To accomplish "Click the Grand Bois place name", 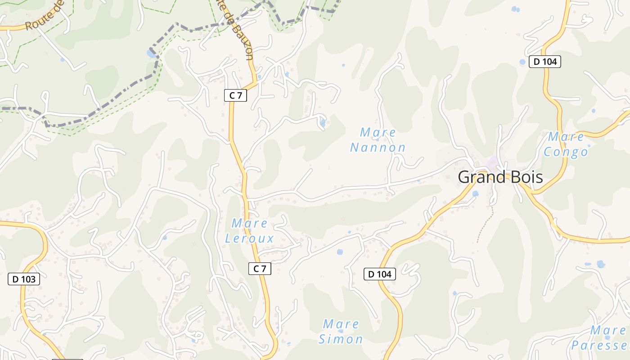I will tap(500, 177).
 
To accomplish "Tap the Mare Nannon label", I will tap(378, 140).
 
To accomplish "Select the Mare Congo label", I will tap(566, 144).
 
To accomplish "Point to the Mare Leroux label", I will tap(249, 230).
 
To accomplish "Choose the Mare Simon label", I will tap(341, 332).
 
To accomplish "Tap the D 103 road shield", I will tap(24, 279).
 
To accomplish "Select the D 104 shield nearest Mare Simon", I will tap(379, 274).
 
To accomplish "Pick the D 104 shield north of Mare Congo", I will tap(544, 62).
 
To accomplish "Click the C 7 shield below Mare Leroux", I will tap(260, 269).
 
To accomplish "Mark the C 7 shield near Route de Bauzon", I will tap(235, 95).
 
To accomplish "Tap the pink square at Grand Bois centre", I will tap(493, 162).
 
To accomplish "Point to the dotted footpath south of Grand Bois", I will tap(485, 225).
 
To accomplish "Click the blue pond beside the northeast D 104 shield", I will tap(522, 62).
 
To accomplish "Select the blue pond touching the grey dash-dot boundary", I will tap(150, 54).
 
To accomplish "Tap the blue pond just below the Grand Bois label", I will tap(475, 193).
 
